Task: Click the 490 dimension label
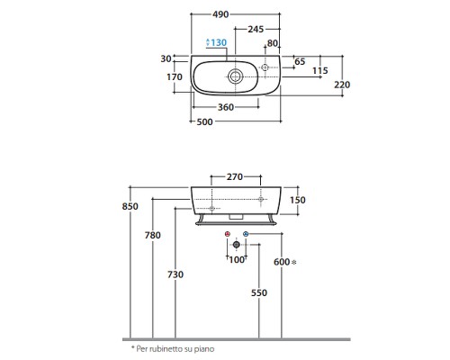point(220,14)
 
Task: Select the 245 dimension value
point(256,29)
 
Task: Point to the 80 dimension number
point(273,43)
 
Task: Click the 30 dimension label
point(166,58)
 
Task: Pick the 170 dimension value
point(175,77)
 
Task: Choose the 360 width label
point(226,107)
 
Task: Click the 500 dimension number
point(204,121)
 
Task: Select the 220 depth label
point(342,85)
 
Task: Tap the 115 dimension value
point(320,71)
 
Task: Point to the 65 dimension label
point(300,61)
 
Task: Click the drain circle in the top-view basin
point(236,76)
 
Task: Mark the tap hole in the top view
point(265,67)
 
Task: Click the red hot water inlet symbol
point(228,234)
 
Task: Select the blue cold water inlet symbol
point(246,234)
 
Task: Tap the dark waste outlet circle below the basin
point(237,245)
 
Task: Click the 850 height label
point(130,206)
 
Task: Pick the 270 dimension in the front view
point(235,177)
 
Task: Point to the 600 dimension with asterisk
point(285,262)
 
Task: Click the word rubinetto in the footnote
point(166,349)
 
